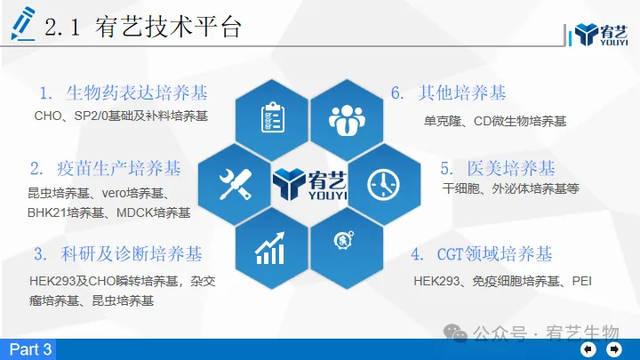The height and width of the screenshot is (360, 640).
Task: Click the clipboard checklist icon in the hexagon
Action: pyautogui.click(x=273, y=117)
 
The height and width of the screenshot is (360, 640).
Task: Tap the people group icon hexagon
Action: pyautogui.click(x=347, y=120)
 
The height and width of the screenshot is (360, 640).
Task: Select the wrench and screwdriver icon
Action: pyautogui.click(x=236, y=185)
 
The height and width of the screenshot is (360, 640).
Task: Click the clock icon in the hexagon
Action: pyautogui.click(x=383, y=185)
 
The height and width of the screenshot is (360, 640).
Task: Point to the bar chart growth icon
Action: pyautogui.click(x=270, y=248)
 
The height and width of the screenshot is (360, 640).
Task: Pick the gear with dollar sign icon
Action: pyautogui.click(x=344, y=240)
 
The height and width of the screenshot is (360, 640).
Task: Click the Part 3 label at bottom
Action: pyautogui.click(x=30, y=349)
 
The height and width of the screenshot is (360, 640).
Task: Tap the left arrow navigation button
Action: pyautogui.click(x=588, y=349)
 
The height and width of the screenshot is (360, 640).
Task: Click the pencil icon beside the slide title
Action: pyautogui.click(x=23, y=24)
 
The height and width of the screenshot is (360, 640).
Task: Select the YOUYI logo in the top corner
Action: pyautogui.click(x=601, y=35)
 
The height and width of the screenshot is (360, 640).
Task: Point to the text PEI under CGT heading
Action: pyautogui.click(x=581, y=281)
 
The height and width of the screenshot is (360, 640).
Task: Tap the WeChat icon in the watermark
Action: pyautogui.click(x=455, y=332)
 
